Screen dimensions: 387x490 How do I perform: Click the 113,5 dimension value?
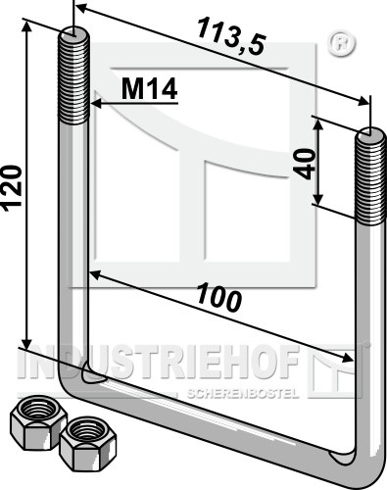[x=231, y=36]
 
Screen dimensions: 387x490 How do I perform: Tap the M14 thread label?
[x=150, y=88]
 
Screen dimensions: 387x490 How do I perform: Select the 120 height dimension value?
[x=12, y=188]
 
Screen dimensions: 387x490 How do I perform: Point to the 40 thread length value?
[x=305, y=164]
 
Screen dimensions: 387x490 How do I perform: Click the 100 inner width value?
[x=219, y=297]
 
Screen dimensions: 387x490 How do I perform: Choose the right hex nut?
[x=88, y=443]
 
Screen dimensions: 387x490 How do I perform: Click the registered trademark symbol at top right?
[x=341, y=43]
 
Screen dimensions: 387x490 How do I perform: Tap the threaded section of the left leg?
[x=73, y=76]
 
